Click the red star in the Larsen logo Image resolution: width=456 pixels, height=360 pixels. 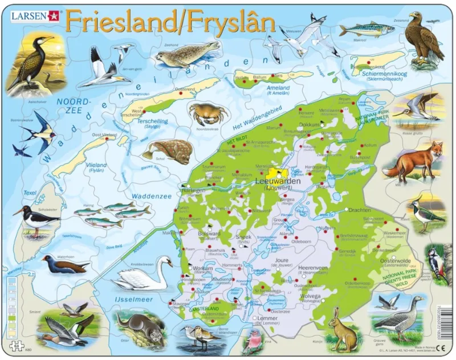[53, 15]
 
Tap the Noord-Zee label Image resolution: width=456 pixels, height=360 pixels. [74, 106]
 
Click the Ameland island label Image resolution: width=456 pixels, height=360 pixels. [282, 88]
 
